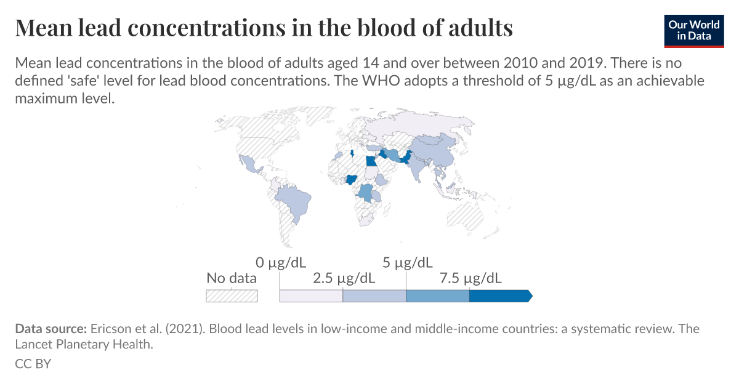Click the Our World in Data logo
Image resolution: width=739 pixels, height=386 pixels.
(693, 30)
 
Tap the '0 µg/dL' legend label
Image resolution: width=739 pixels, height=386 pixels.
(280, 263)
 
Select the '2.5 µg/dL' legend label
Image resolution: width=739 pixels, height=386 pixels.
(344, 278)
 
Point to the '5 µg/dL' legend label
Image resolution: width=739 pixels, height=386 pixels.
(407, 263)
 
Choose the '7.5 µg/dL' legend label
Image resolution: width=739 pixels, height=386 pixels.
(470, 278)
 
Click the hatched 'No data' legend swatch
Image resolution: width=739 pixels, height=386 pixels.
(232, 296)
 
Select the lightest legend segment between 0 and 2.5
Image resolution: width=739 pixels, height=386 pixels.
(311, 296)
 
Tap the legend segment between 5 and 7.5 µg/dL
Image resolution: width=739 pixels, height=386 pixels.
(437, 296)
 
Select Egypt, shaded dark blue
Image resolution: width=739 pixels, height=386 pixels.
(370, 161)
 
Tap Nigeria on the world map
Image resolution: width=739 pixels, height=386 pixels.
(353, 180)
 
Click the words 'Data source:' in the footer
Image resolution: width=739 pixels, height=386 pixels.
(51, 329)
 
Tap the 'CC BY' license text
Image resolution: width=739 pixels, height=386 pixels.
(33, 364)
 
